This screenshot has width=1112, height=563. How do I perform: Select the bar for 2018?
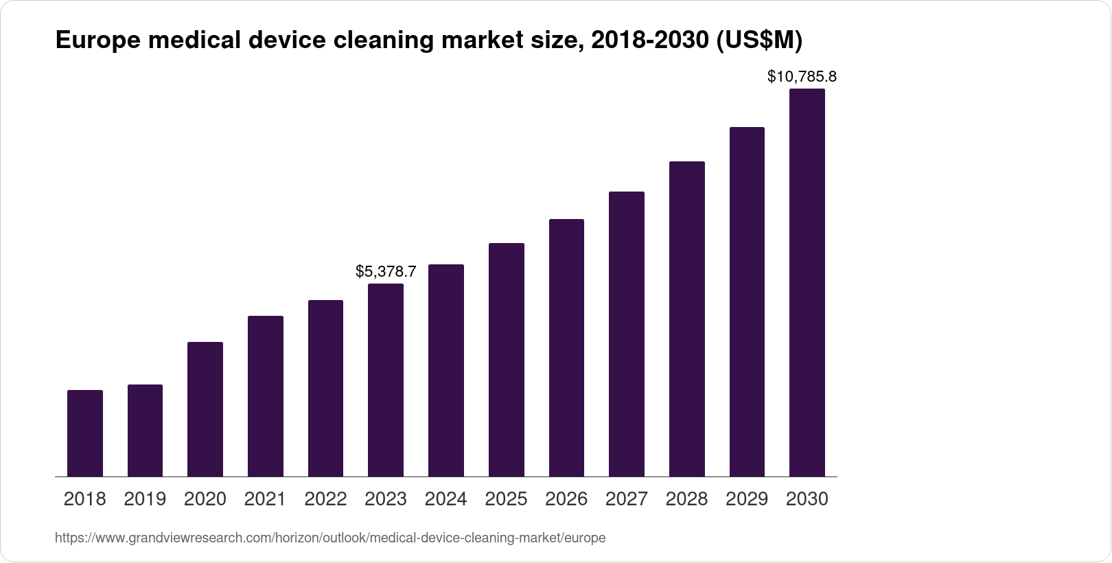coord(85,433)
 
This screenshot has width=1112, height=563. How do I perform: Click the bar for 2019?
coord(145,430)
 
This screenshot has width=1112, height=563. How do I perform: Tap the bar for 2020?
coord(205,409)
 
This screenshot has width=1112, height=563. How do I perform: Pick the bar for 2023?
coord(386,380)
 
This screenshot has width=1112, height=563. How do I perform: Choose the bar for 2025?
coord(506,360)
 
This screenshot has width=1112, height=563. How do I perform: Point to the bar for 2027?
coord(626,334)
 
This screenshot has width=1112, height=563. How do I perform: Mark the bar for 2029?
coord(747,301)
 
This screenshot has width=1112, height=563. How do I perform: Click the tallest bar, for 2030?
coord(807,282)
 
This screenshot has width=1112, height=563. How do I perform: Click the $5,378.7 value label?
coord(386,272)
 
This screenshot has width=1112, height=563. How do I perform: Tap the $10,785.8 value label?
coord(802,76)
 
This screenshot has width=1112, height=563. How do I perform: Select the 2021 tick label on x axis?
coord(265,499)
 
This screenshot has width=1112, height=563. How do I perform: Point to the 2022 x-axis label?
coord(325,499)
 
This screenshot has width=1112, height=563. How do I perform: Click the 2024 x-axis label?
coord(445,499)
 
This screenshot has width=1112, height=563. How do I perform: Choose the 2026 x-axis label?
coord(566,499)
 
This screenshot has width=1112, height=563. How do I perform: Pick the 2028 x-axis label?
coord(686,499)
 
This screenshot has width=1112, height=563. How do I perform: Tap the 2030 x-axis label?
coord(807,499)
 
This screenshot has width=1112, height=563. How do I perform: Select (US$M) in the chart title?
coord(758,41)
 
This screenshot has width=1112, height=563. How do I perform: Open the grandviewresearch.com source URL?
coord(330,538)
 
